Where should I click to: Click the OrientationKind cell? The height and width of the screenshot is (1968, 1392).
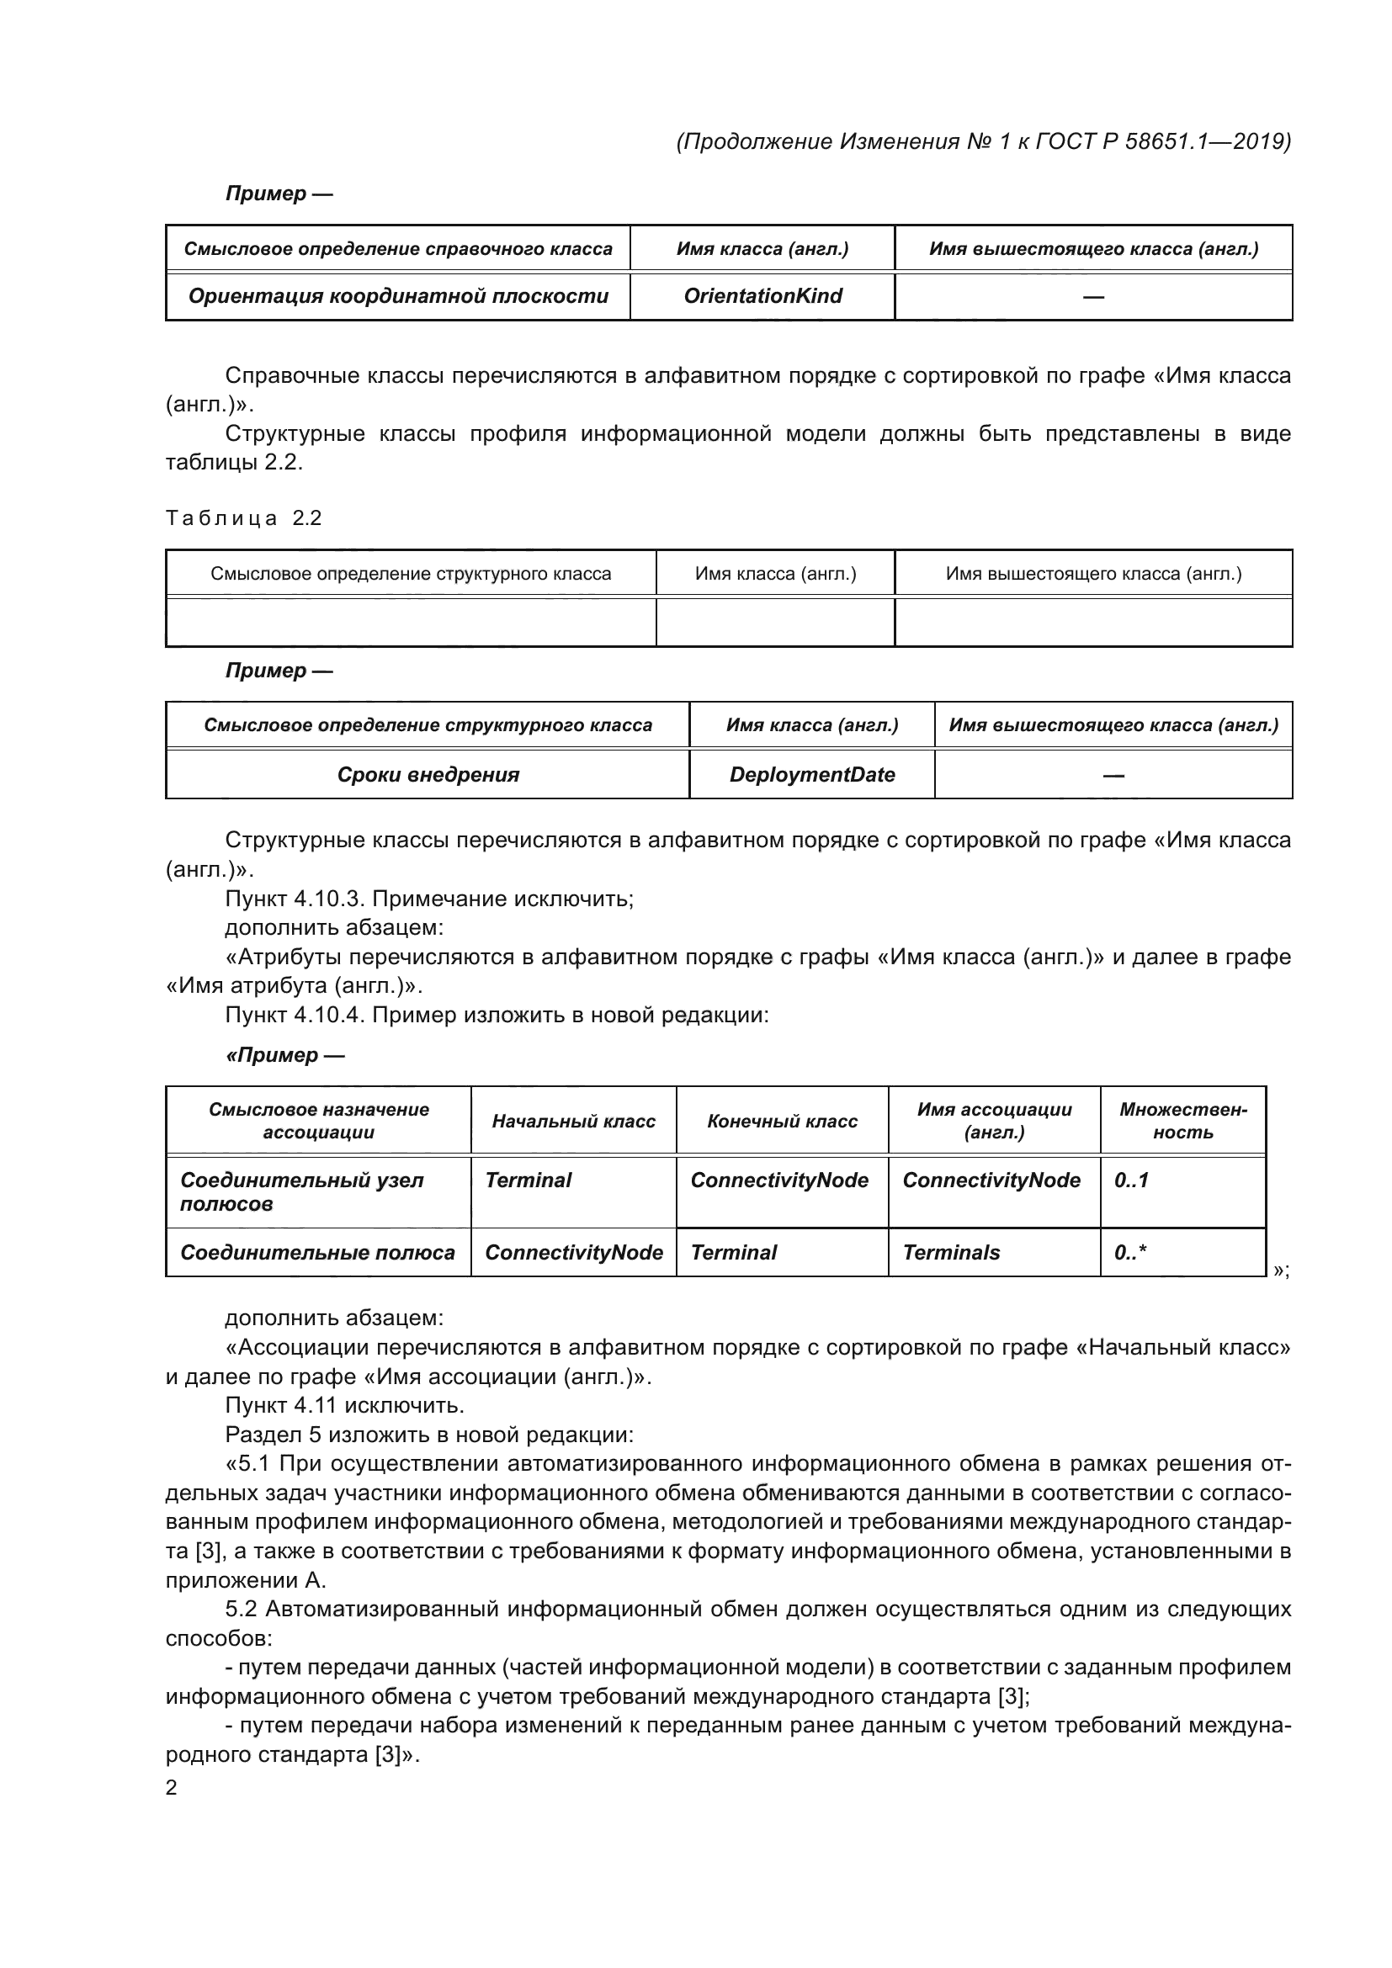(762, 295)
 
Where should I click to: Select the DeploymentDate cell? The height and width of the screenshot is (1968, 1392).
(811, 774)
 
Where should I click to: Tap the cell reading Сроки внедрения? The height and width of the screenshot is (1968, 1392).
(428, 774)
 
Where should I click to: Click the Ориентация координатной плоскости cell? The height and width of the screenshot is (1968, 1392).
(398, 295)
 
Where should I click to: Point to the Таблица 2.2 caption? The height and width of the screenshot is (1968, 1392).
(243, 517)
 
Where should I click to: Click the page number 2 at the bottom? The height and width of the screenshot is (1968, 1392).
(171, 1787)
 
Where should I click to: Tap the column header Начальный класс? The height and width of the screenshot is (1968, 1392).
(572, 1121)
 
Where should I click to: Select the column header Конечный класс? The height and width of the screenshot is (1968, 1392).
(782, 1121)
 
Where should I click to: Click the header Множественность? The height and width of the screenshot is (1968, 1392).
(1182, 1120)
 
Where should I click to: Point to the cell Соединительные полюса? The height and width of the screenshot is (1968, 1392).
(317, 1252)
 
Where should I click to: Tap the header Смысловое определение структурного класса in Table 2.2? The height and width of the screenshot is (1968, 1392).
(411, 574)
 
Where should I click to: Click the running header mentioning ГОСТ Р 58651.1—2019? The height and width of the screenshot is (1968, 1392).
(983, 141)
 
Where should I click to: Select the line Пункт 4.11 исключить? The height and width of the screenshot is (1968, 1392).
(344, 1405)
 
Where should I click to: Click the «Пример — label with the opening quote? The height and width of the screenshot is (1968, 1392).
(284, 1055)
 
